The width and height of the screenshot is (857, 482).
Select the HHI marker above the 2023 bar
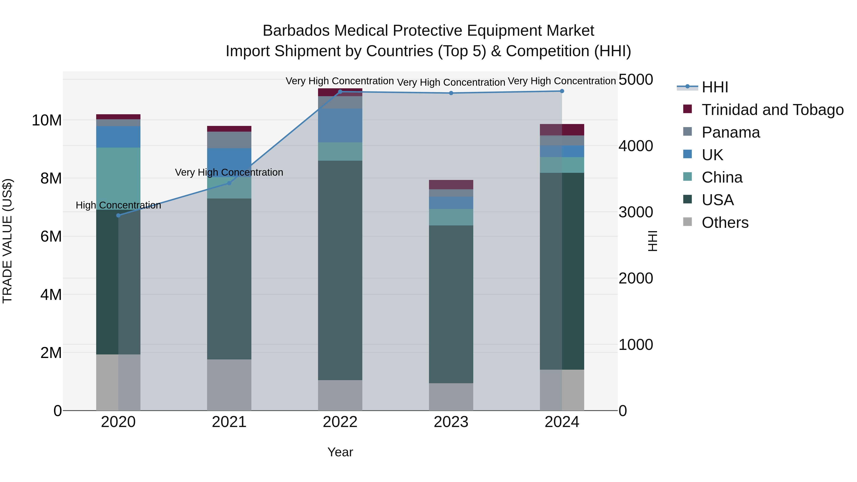[x=451, y=93]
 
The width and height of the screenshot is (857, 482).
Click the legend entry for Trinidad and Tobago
[x=772, y=110]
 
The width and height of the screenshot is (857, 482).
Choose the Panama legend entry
[x=731, y=132]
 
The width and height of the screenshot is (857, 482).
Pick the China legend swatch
[x=687, y=177]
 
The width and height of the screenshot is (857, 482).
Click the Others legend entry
[x=725, y=223]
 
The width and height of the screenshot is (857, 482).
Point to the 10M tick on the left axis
[x=47, y=120]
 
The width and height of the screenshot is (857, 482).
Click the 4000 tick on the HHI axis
[x=635, y=146]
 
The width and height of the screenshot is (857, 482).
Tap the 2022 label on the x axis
[x=340, y=422]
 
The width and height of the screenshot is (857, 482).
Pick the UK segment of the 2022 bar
[x=340, y=125]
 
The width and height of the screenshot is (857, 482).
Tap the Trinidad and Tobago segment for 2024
[x=562, y=130]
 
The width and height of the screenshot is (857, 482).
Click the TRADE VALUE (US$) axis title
[x=7, y=241]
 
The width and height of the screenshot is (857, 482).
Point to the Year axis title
[x=340, y=452]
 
